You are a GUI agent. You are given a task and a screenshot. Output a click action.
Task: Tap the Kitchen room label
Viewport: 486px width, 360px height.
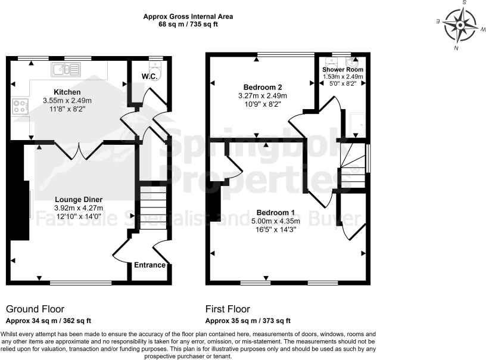point(67,92)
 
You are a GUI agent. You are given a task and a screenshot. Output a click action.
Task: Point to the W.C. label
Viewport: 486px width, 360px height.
point(149,76)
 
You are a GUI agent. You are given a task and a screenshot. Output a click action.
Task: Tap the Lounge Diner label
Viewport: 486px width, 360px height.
point(79,199)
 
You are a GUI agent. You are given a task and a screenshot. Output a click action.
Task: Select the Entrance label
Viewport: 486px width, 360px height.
point(149,265)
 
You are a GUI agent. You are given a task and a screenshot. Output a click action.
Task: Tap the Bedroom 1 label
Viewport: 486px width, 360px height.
point(275,213)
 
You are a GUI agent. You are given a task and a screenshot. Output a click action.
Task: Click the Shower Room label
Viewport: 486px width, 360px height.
point(342,69)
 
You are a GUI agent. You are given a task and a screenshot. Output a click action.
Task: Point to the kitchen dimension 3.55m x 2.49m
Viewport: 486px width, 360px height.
point(67,101)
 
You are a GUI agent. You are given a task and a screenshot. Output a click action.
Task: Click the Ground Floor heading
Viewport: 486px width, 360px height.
point(35,309)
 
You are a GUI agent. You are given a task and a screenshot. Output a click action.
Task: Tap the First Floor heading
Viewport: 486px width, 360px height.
point(228,309)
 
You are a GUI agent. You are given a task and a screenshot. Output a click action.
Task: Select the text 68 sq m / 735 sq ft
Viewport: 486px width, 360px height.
point(188,25)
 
